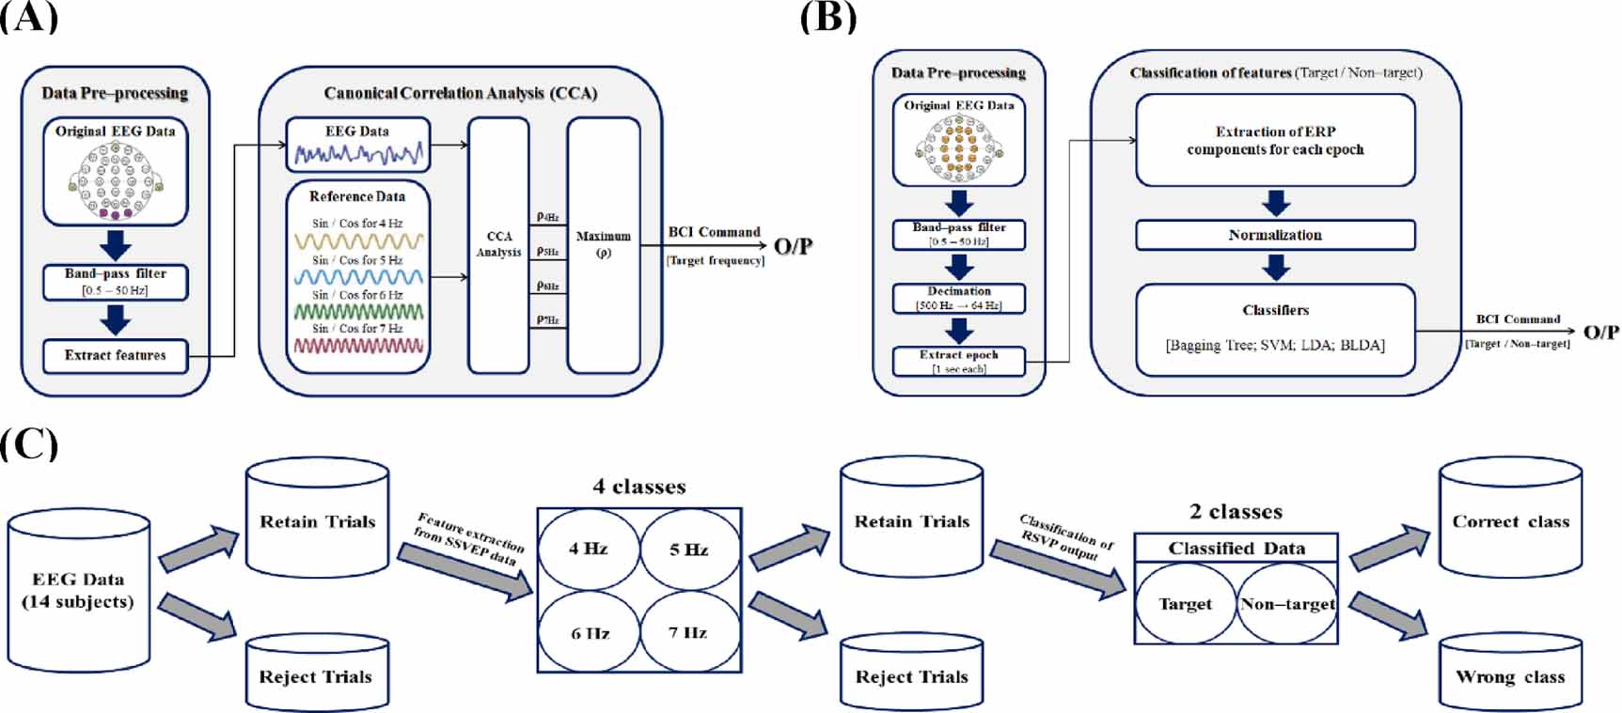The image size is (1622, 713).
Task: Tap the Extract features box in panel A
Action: pos(115,356)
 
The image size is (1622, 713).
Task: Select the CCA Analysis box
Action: pos(498,245)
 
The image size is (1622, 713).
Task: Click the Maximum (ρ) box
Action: pos(603,245)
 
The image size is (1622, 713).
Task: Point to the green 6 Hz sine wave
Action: pos(358,312)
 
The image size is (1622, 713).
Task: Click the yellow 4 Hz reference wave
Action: pos(358,241)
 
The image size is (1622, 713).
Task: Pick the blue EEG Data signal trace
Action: pos(358,152)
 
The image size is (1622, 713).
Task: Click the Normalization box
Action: pos(1275,236)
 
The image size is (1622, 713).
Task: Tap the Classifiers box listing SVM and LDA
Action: pos(1275,330)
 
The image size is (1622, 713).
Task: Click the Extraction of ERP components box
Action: pos(1275,141)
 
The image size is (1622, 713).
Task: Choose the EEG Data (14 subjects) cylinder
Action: pos(79,591)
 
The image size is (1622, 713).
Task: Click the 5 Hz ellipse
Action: pos(689,550)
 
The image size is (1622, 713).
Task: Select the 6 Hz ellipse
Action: pos(590,632)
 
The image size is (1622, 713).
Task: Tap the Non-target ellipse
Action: pos(1286,604)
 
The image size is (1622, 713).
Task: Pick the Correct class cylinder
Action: pos(1510,519)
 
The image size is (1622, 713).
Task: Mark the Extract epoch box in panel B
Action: pos(958,361)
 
